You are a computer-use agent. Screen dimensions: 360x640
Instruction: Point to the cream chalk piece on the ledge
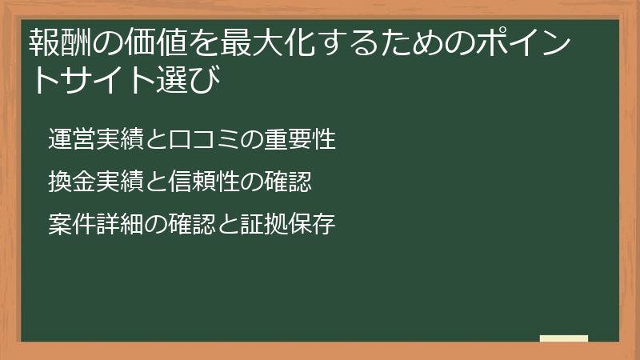(563, 338)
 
